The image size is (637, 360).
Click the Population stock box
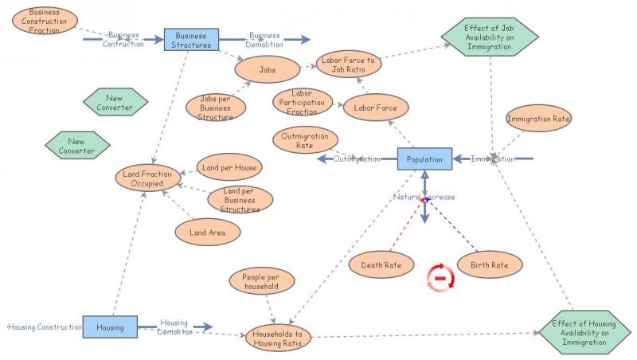pyautogui.click(x=424, y=159)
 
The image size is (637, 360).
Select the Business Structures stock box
pyautogui.click(x=191, y=40)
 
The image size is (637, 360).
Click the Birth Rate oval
pyautogui.click(x=489, y=264)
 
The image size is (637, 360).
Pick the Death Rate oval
pyautogui.click(x=381, y=264)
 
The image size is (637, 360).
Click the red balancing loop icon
pyautogui.click(x=440, y=276)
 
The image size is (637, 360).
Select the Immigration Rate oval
pyautogui.click(x=539, y=119)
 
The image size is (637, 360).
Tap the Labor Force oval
pyautogui.click(x=376, y=107)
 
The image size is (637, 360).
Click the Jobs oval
pyautogui.click(x=268, y=69)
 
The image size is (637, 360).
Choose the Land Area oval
pyautogui.click(x=207, y=232)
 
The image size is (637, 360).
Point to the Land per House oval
pyautogui.click(x=228, y=167)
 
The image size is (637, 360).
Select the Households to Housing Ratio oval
pyautogui.click(x=278, y=338)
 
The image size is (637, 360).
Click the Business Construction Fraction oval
pyautogui.click(x=45, y=21)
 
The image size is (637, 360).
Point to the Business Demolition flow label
pyautogui.click(x=264, y=40)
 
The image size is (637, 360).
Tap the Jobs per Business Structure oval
pyautogui.click(x=216, y=107)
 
